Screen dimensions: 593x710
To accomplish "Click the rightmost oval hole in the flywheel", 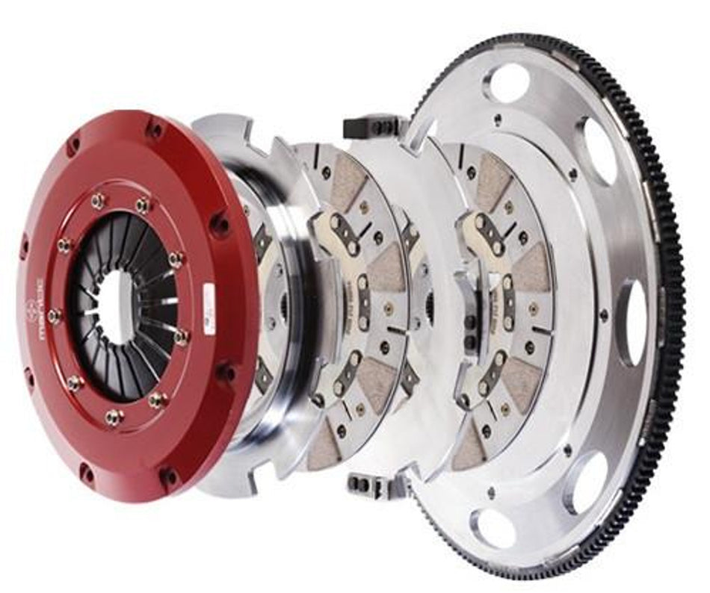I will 632,322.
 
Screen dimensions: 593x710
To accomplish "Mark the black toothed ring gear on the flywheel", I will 667,246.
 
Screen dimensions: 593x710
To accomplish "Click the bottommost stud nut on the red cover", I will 114,417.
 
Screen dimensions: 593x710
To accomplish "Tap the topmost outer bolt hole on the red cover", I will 155,129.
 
